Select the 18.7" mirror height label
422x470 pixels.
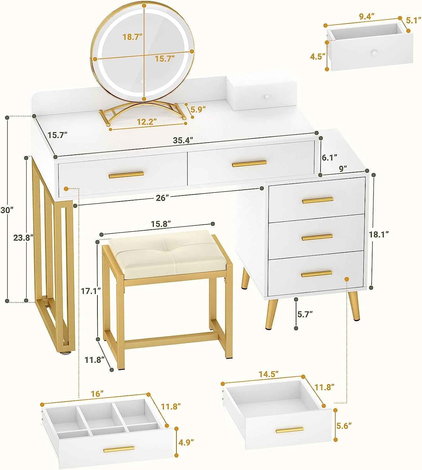coord(132,37)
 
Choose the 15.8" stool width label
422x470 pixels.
coord(161,224)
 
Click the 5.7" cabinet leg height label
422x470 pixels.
coord(305,314)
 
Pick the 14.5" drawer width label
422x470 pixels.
coord(268,374)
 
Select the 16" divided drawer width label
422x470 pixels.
coord(97,394)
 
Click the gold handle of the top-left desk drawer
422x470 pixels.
coord(126,175)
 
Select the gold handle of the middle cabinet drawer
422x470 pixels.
coord(317,237)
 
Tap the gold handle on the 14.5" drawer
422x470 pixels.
coord(289,430)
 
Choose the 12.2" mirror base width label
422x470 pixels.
coord(147,122)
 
